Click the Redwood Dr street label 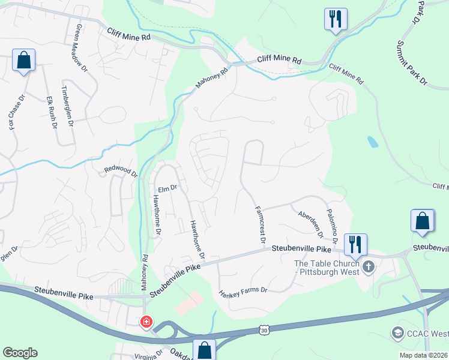click(x=122, y=172)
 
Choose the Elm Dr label click(x=167, y=188)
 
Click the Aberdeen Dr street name click(x=310, y=223)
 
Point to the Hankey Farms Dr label click(x=243, y=291)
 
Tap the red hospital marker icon click(x=146, y=322)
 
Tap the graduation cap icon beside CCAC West click(x=397, y=332)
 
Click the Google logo click(x=20, y=352)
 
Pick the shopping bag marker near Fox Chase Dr click(x=23, y=61)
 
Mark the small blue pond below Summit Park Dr click(x=373, y=142)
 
